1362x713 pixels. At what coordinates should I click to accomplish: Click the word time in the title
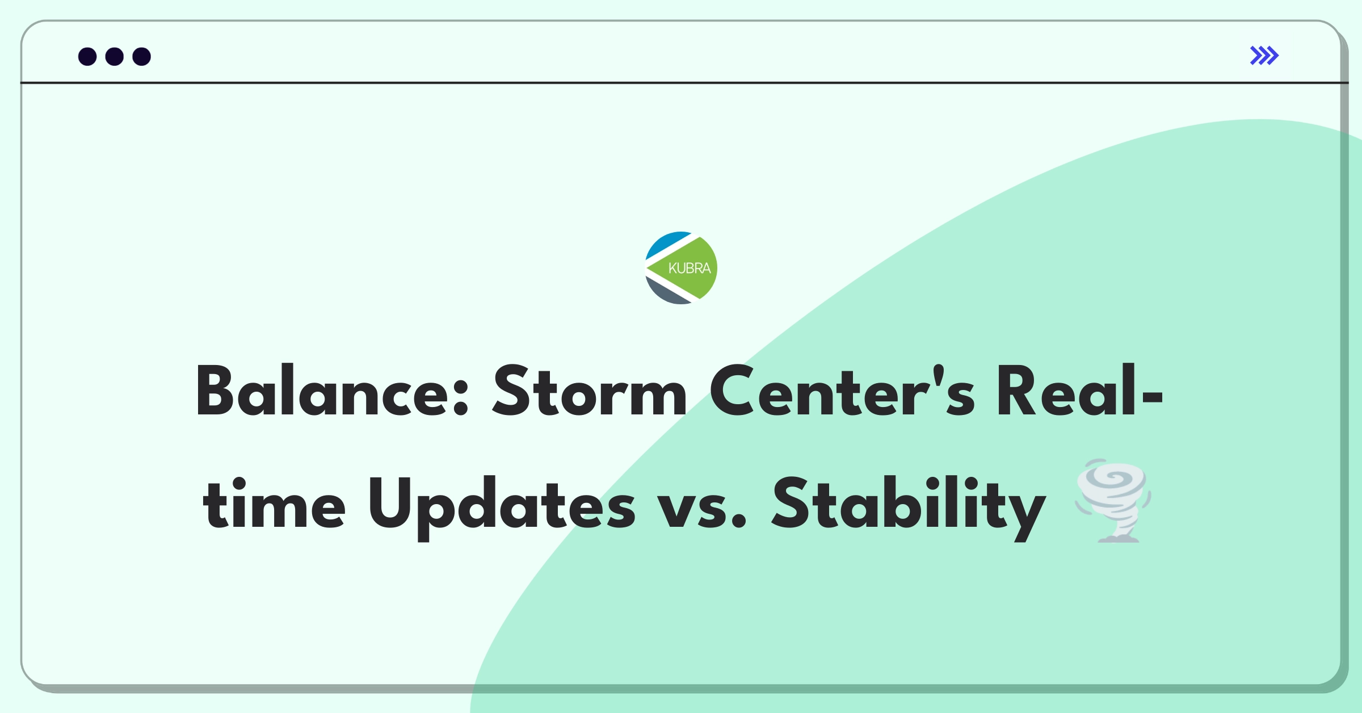[x=274, y=502]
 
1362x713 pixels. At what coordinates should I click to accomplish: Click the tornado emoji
[x=1113, y=501]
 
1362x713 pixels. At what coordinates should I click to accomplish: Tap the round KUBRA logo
[x=681, y=268]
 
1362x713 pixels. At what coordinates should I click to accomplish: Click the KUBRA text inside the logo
[x=690, y=268]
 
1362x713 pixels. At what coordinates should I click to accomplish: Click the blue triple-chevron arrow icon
[x=1264, y=56]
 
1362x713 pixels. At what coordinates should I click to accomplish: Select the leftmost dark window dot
[x=87, y=56]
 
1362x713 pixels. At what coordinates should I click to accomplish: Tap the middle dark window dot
[x=115, y=56]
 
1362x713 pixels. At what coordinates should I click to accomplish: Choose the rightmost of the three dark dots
[x=142, y=56]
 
